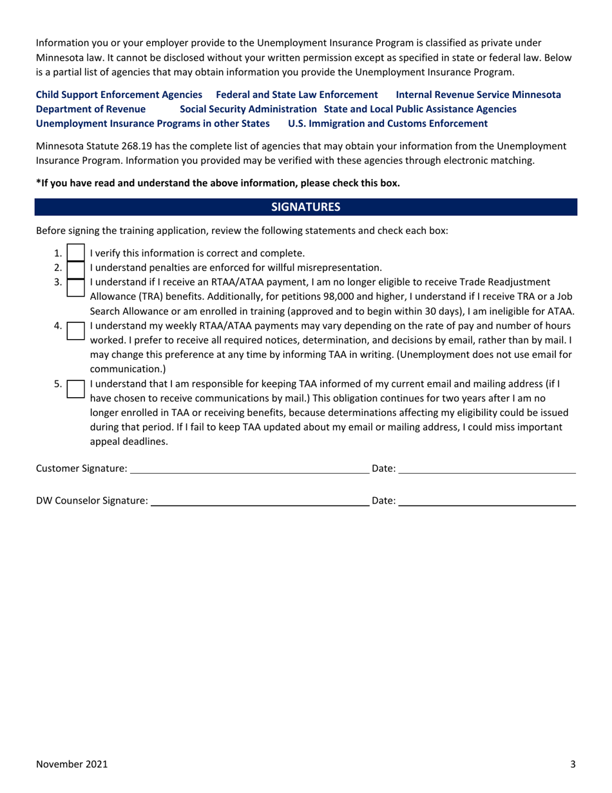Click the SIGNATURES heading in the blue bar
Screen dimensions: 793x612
(x=305, y=207)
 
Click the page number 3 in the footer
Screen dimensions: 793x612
(x=573, y=765)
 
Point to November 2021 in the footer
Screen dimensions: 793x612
(x=72, y=765)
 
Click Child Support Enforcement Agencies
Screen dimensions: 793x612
(x=119, y=95)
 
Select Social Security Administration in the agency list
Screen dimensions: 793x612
(x=248, y=109)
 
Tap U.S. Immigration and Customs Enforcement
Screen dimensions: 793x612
(x=388, y=123)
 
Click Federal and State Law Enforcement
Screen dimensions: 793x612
(x=296, y=95)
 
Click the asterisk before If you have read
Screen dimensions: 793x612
(x=38, y=182)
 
